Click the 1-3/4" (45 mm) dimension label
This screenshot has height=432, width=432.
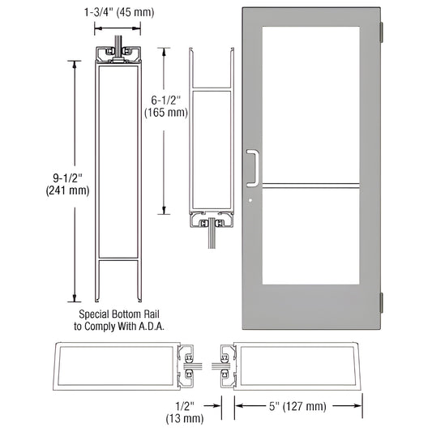(120, 12)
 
